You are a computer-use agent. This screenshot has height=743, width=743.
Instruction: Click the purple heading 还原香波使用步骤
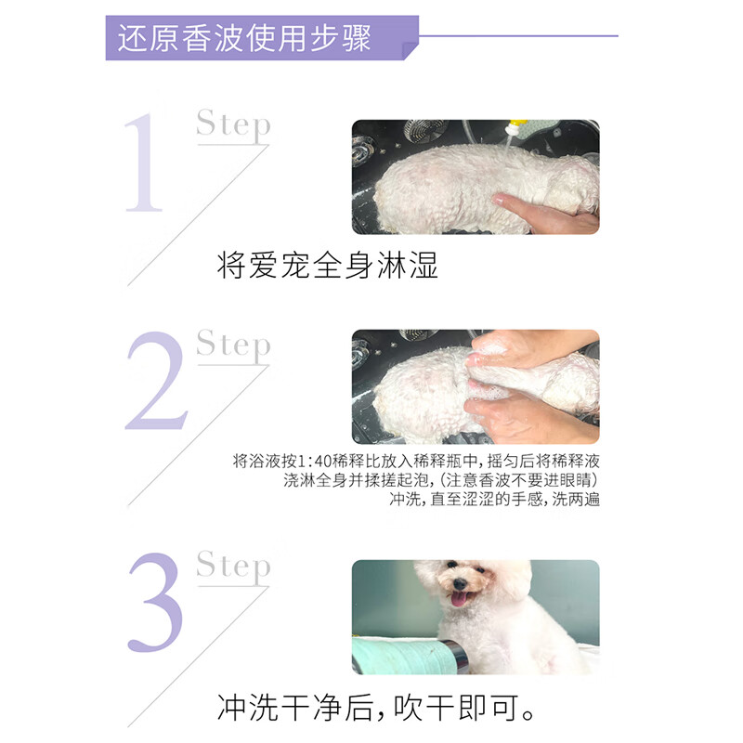coord(244,39)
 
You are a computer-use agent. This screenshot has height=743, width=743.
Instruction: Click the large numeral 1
coord(144,164)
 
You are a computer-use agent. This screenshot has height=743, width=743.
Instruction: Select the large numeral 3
coord(155,605)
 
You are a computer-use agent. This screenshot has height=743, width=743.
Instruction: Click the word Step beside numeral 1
coord(233,125)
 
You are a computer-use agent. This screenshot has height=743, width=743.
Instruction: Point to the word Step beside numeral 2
coord(233,345)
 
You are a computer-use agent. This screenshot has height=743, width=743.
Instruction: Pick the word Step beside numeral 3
coord(233,566)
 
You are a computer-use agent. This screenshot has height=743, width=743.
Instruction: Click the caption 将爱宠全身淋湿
coord(327,267)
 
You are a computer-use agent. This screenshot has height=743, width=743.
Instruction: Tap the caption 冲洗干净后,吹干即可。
coord(376,709)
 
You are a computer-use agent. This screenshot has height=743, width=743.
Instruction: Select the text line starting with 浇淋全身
coord(441,480)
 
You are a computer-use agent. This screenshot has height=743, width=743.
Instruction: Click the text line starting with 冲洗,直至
coord(494,499)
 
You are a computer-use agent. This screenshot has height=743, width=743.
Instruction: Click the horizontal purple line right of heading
coord(520,36)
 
